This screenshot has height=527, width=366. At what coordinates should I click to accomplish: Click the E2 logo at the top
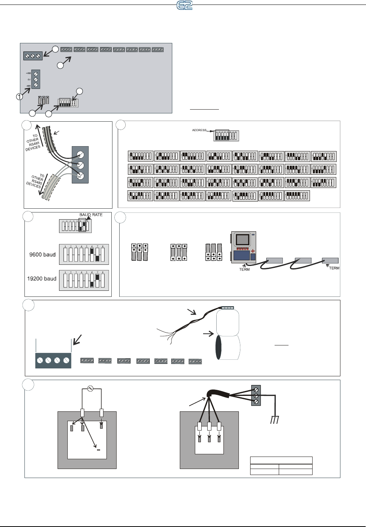point(185,5)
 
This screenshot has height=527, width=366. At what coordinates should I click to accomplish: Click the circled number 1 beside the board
point(19,97)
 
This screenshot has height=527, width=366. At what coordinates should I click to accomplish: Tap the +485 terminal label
point(28,73)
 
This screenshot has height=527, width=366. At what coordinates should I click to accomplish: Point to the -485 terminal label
point(28,86)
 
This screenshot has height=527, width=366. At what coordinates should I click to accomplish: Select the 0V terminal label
point(29,79)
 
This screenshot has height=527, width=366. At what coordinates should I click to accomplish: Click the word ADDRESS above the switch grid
point(199,130)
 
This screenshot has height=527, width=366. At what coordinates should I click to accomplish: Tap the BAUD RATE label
point(91,215)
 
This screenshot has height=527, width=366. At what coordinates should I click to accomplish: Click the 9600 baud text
point(42,255)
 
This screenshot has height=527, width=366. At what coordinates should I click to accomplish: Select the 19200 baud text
point(41,279)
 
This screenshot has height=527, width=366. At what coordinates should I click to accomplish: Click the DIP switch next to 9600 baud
point(84,255)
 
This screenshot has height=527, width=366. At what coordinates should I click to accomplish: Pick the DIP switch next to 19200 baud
point(84,280)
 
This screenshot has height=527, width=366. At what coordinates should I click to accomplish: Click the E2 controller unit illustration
point(243,247)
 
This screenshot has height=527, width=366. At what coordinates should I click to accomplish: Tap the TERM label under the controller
point(244,269)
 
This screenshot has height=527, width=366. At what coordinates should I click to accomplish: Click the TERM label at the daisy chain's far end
point(334,268)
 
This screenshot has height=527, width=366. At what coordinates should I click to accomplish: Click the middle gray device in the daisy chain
point(303,260)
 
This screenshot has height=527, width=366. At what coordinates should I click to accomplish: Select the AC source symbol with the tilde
point(90,389)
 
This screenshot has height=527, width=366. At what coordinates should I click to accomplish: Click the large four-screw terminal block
point(53,360)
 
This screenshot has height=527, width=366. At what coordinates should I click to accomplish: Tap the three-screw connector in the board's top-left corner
point(33,56)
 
